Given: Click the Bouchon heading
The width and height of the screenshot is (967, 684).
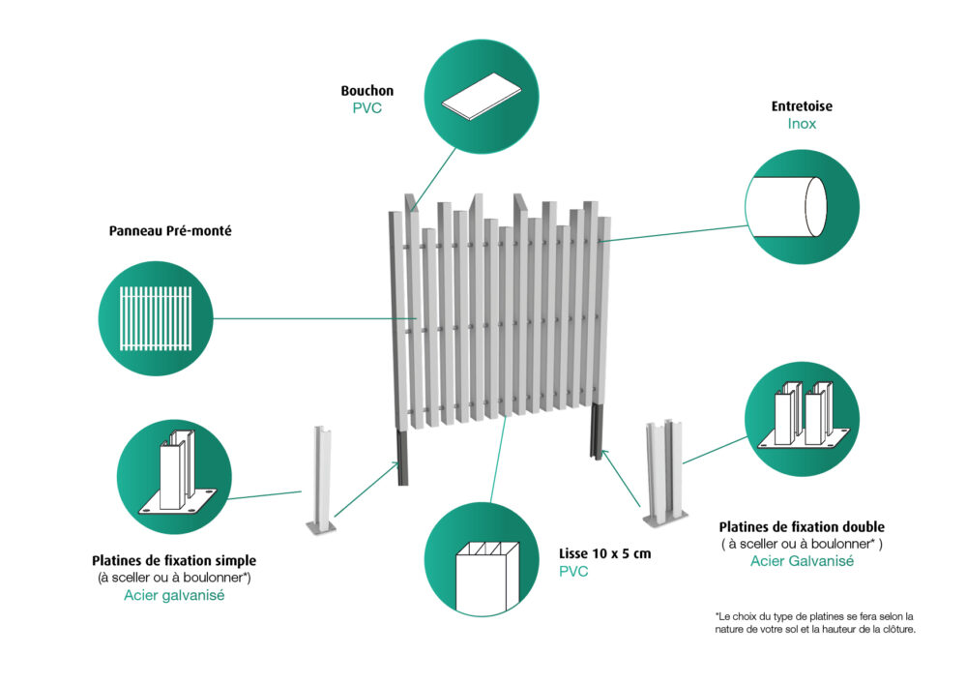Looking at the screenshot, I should click(366, 91).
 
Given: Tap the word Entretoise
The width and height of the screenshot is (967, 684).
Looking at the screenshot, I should click(802, 106).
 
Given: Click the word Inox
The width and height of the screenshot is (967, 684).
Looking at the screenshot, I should click(802, 124).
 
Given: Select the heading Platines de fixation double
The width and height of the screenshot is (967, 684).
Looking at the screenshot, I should click(802, 527).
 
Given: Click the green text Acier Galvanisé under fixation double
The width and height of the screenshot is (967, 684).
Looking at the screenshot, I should click(802, 561).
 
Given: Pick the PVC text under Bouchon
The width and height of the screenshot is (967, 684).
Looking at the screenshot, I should click(366, 108).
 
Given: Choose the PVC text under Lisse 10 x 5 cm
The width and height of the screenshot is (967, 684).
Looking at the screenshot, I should click(573, 572).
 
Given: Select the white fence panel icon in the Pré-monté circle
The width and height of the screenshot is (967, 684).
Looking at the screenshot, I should click(155, 317).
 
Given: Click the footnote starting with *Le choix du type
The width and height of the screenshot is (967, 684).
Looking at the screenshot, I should click(815, 622).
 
